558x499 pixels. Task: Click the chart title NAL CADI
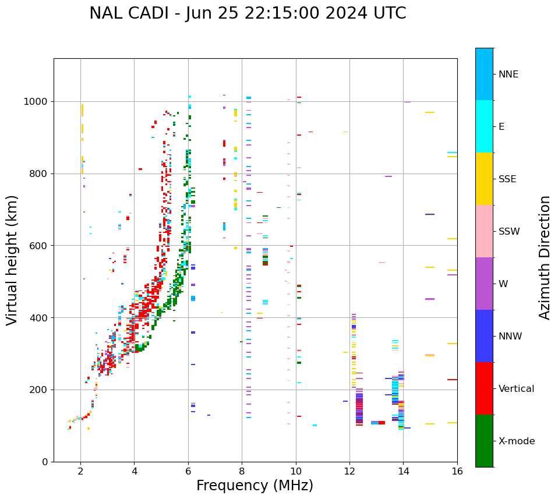point(248,13)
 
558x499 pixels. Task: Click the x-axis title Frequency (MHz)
point(255,486)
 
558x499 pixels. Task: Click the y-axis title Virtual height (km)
point(12,260)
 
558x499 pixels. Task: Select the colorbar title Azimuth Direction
point(545,257)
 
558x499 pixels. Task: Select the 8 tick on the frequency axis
point(242,471)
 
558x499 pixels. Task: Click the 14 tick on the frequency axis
point(403,471)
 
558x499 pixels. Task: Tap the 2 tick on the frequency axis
point(80,471)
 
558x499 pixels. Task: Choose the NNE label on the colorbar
point(508,75)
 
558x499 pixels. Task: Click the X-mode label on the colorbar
point(516,441)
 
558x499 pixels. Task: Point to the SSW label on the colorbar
point(508,232)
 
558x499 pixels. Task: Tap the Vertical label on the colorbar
point(516,389)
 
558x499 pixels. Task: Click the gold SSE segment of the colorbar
point(484,179)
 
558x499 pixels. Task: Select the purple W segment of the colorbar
point(484,284)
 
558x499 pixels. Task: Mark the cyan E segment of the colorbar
point(484,126)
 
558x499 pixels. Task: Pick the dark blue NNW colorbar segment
point(484,336)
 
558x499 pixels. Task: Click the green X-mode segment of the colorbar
point(484,441)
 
